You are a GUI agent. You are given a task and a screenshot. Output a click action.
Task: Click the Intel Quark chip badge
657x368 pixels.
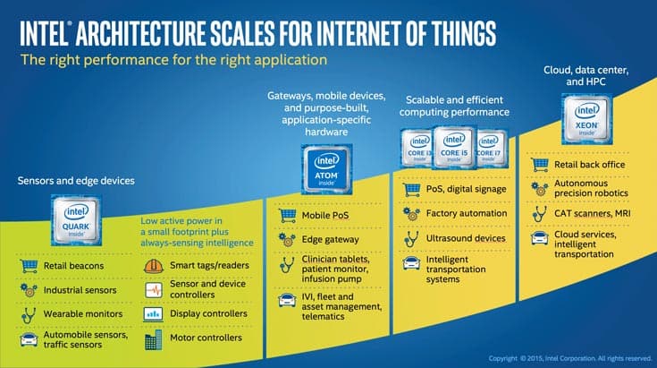tap(76, 220)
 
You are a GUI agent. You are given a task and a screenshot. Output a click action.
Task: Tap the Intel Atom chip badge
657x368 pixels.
tap(327, 169)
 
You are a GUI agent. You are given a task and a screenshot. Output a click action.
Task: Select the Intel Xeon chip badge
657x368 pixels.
tap(586, 119)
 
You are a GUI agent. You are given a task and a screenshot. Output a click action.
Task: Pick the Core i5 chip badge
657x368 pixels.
tap(454, 147)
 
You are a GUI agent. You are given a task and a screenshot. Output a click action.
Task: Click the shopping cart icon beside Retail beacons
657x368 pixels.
tap(29, 266)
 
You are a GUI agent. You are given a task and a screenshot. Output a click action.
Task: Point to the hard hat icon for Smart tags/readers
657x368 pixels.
tap(154, 266)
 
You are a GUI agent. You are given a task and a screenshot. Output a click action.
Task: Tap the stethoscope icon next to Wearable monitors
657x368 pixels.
tap(29, 314)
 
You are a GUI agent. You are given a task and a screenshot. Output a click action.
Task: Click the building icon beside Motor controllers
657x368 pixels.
tap(154, 339)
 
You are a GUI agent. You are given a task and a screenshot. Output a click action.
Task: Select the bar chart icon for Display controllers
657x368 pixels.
tap(154, 314)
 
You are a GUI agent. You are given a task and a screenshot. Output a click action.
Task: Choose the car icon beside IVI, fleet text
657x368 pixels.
tap(287, 301)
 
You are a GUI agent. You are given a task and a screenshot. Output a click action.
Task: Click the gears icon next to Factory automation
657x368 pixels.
tap(411, 214)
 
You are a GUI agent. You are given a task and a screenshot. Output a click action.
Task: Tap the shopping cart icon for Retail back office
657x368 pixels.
tap(539, 165)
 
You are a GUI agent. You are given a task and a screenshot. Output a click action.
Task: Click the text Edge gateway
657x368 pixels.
tap(330, 240)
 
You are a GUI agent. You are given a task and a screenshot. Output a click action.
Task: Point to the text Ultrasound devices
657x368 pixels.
tap(466, 238)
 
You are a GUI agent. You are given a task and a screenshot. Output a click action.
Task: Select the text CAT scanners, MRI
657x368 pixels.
tap(592, 213)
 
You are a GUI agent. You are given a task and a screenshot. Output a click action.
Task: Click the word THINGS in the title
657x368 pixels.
tap(464, 33)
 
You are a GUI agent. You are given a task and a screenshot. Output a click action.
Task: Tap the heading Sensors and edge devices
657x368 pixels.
tap(76, 181)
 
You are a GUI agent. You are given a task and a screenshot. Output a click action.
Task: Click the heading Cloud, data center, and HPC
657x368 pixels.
tap(585, 76)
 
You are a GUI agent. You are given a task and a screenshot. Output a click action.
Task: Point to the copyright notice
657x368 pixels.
tap(570, 358)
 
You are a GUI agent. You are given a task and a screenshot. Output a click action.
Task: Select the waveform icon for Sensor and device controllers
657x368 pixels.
tap(154, 290)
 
